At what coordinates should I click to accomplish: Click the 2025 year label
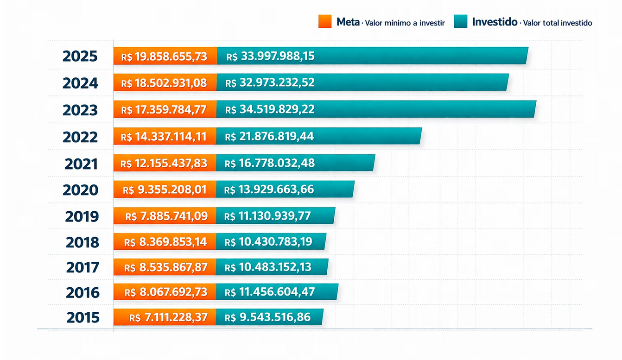tap(80, 57)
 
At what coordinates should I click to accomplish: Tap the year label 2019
tap(82, 216)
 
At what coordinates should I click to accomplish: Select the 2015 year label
tap(83, 317)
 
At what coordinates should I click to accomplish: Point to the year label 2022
tap(80, 137)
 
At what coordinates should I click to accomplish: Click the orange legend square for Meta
tap(325, 21)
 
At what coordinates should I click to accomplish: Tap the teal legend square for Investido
tap(461, 21)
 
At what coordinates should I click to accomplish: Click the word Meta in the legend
tap(348, 22)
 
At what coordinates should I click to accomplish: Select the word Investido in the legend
tap(495, 22)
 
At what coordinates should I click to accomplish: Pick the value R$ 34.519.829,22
tap(270, 110)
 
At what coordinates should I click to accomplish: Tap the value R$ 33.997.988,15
tap(271, 57)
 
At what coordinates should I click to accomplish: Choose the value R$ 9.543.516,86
tap(267, 317)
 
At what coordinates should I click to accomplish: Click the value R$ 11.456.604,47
tap(270, 292)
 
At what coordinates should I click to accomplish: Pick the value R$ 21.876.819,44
tap(269, 137)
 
